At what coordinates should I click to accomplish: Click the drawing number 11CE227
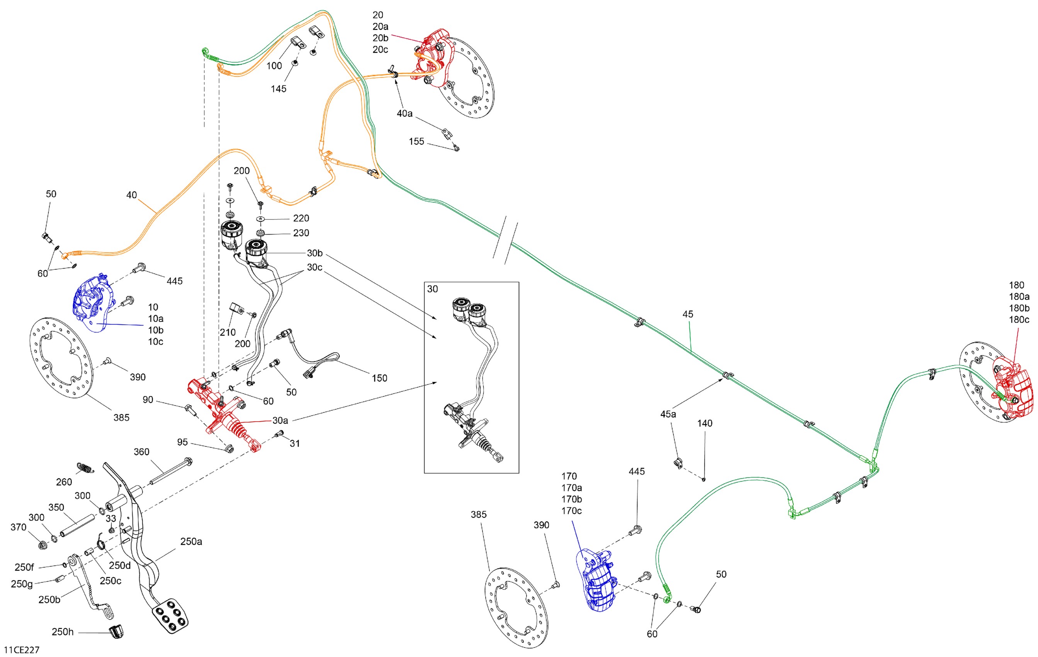[x=22, y=650]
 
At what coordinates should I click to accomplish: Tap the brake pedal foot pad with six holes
[x=170, y=616]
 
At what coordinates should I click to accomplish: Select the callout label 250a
[x=191, y=541]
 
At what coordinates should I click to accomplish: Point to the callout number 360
[x=141, y=452]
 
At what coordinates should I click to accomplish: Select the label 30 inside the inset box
[x=432, y=289]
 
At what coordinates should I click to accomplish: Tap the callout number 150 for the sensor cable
[x=379, y=378]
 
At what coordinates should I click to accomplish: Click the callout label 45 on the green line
[x=688, y=314]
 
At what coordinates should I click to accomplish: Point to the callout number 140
[x=705, y=423]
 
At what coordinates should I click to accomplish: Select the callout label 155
[x=416, y=141]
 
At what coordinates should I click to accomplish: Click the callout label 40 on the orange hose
[x=131, y=195]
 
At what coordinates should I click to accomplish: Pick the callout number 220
[x=301, y=218]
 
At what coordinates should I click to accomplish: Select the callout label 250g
[x=22, y=584]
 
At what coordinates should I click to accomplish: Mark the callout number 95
[x=182, y=442]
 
